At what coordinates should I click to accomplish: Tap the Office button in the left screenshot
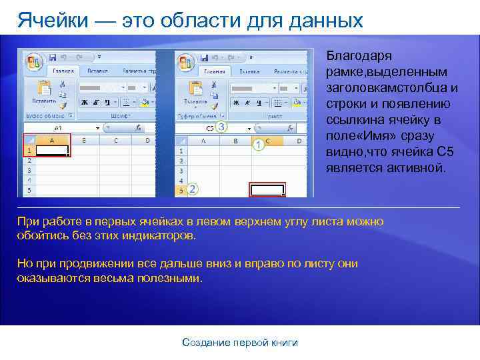pos(33,61)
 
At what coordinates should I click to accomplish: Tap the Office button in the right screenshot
pos(185,61)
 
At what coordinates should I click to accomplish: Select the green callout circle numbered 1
pos(257,144)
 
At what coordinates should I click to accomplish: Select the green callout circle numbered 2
pos(193,189)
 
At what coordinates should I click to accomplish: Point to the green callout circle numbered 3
pos(221,126)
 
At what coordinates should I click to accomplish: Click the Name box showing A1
pos(59,127)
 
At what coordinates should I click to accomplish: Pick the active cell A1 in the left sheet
pos(52,151)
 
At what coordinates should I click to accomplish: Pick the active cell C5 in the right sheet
pos(267,190)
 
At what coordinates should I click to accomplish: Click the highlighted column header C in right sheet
pos(267,141)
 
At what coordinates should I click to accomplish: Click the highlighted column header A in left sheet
pos(52,141)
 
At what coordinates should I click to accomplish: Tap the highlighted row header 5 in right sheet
pos(180,190)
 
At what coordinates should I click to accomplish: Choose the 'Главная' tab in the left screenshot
pos(63,71)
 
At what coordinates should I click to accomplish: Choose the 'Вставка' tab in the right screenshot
pos(248,71)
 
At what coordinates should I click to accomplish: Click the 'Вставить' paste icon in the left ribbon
pos(44,90)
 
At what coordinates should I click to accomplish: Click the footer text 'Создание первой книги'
pos(240,343)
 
